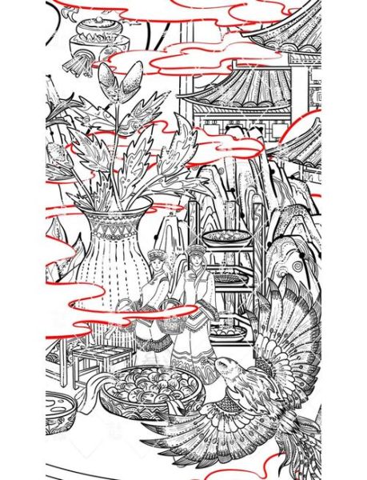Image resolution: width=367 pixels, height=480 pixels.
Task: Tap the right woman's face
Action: pos(193,263)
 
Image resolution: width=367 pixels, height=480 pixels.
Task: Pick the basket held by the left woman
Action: pos(127,308)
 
